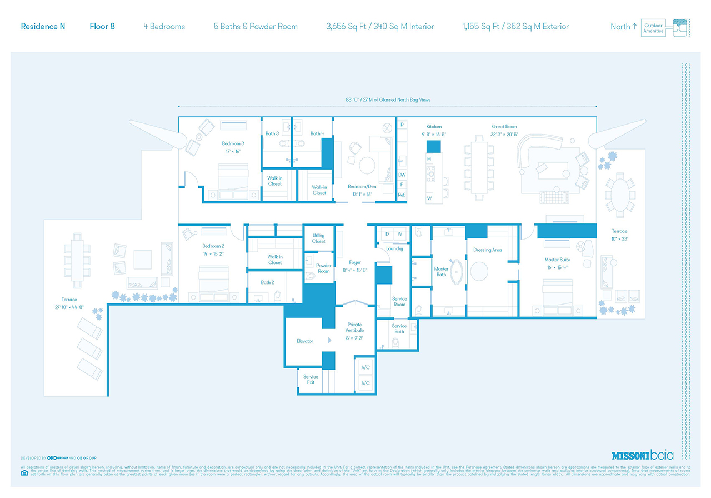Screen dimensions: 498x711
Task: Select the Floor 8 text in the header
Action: [102, 26]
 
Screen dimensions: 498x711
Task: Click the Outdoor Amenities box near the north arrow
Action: [653, 28]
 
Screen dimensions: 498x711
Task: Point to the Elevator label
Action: [305, 341]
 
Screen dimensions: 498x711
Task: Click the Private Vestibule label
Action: [354, 327]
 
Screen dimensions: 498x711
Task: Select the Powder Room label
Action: [324, 268]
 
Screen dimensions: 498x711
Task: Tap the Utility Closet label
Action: [319, 238]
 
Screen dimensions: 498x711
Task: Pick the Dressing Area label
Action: [487, 250]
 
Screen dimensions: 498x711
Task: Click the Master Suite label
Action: [557, 260]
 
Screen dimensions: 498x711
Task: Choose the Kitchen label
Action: [434, 127]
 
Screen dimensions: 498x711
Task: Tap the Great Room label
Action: [504, 127]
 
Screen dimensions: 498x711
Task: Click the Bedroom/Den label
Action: [362, 187]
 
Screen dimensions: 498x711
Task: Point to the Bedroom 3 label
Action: [233, 143]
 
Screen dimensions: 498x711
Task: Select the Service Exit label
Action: [311, 380]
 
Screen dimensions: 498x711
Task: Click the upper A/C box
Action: [365, 368]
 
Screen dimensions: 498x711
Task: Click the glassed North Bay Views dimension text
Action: [387, 100]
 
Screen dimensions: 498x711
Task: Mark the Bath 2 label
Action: [267, 282]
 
